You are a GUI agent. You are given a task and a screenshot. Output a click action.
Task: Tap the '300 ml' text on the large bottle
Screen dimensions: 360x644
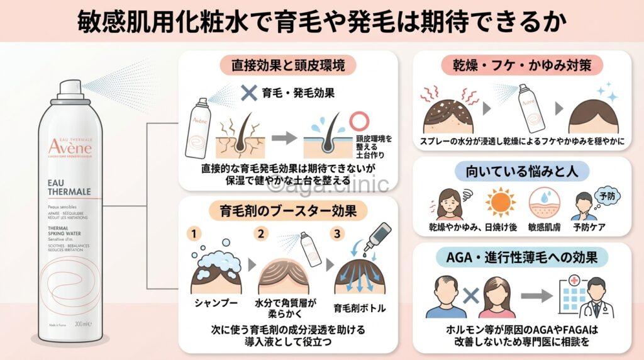(x=83, y=323)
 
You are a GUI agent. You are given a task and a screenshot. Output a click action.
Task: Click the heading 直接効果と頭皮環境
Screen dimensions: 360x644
(x=287, y=64)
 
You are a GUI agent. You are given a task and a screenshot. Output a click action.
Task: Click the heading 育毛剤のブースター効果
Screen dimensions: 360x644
(x=287, y=210)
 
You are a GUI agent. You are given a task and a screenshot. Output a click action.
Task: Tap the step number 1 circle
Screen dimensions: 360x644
(x=196, y=234)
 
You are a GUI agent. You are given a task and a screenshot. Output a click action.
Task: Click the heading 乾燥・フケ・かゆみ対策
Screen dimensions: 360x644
(x=527, y=64)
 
